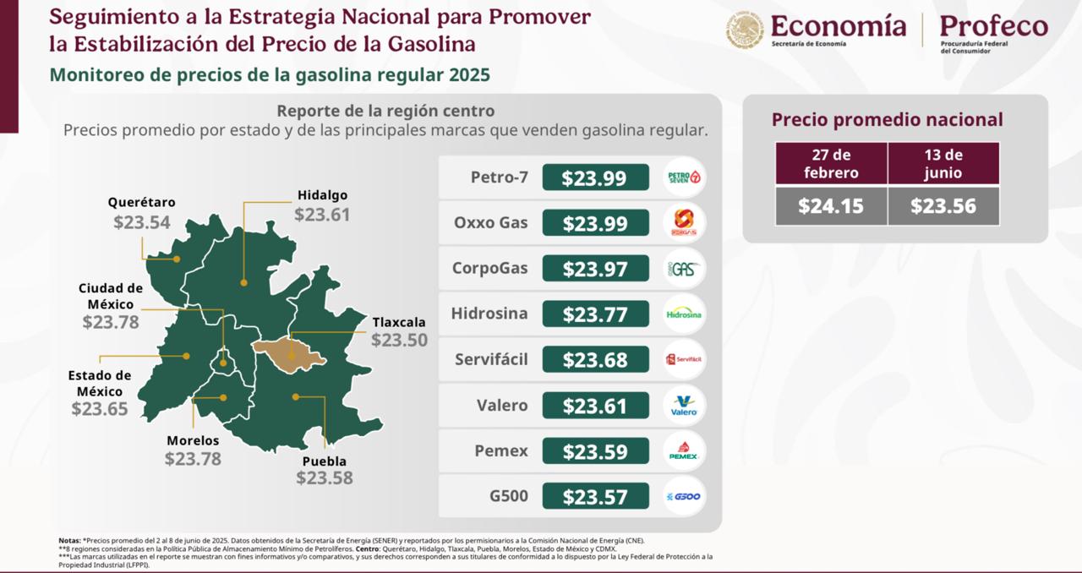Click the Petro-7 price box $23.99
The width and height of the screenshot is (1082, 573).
tap(595, 177)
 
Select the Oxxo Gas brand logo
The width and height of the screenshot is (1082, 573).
tap(684, 223)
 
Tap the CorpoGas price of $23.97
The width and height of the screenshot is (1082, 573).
tap(595, 269)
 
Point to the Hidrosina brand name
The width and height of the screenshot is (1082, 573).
tap(489, 314)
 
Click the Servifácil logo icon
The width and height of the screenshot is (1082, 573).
tap(684, 360)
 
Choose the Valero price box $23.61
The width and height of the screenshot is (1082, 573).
tap(595, 406)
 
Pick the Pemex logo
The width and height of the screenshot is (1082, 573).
tap(684, 451)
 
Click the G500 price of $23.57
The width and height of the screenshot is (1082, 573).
tap(595, 497)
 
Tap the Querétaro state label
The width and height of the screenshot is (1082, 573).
tap(141, 203)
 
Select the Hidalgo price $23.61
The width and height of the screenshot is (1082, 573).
tap(322, 215)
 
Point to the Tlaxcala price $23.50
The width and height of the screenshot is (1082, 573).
tap(399, 341)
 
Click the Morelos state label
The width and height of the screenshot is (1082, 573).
tap(193, 440)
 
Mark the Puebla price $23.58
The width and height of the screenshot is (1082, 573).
tap(325, 478)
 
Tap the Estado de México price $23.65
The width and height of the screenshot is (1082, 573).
tap(100, 410)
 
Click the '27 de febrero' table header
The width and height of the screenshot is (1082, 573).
tap(831, 163)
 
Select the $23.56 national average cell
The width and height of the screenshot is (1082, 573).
tap(943, 206)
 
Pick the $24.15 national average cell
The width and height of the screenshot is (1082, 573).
tap(831, 206)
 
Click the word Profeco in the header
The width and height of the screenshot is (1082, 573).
tap(993, 26)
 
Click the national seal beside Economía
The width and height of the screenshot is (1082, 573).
tap(745, 30)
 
